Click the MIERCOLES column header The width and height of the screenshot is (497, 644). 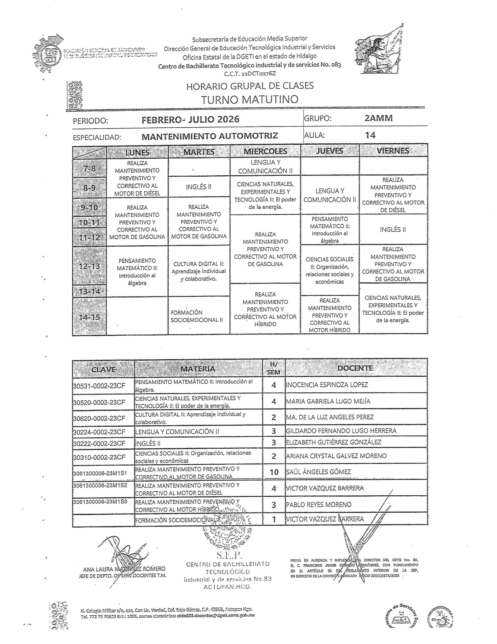tap(265, 151)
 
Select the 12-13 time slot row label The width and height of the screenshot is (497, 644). tap(89, 266)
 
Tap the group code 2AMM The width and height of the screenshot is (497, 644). tap(378, 118)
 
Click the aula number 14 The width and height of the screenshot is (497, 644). tap(370, 135)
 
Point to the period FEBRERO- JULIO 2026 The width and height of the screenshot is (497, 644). tap(190, 119)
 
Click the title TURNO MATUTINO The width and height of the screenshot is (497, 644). tap(250, 99)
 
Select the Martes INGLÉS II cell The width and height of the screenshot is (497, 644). tap(198, 187)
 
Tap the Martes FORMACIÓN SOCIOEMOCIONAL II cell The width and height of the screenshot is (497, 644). tap(197, 316)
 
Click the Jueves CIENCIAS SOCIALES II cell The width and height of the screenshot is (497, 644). tap(329, 270)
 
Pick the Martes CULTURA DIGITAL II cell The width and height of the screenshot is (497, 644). tap(198, 271)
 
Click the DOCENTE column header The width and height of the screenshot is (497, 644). tap(355, 368)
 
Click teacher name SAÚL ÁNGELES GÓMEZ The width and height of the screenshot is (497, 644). tap(318, 472)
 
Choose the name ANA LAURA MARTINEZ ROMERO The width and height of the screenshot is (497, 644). tap(124, 569)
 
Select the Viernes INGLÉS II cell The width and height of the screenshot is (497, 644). tap(393, 229)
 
